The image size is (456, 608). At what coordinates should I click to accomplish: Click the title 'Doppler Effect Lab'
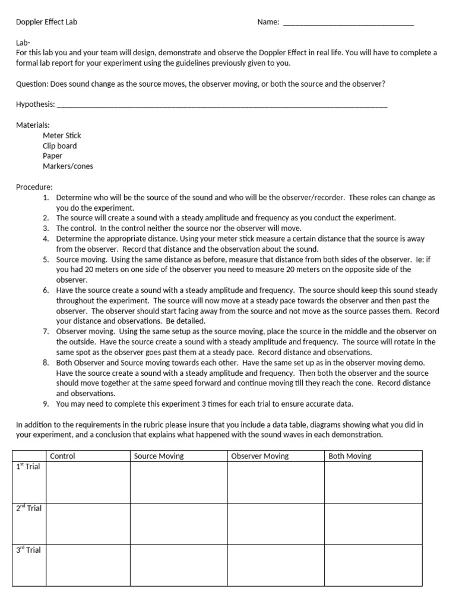pyautogui.click(x=46, y=22)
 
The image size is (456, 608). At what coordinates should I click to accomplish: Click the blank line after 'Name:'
pyautogui.click(x=348, y=23)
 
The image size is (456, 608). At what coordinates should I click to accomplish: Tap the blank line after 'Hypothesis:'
pyautogui.click(x=222, y=105)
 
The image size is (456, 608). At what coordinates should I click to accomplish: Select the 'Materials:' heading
pyautogui.click(x=33, y=125)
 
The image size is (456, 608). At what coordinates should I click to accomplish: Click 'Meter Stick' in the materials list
pyautogui.click(x=62, y=135)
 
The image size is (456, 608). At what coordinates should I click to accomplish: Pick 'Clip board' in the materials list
pyautogui.click(x=59, y=145)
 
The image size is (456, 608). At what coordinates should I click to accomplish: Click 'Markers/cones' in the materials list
pyautogui.click(x=68, y=166)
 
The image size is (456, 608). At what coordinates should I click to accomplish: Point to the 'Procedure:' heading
pyautogui.click(x=34, y=186)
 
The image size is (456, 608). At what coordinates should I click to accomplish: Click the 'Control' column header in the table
pyautogui.click(x=62, y=456)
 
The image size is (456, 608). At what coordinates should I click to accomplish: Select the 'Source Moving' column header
pyautogui.click(x=159, y=456)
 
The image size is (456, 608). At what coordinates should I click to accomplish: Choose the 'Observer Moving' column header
pyautogui.click(x=259, y=456)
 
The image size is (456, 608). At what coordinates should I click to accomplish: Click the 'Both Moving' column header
pyautogui.click(x=350, y=456)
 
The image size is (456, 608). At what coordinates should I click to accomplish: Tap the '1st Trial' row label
pyautogui.click(x=28, y=467)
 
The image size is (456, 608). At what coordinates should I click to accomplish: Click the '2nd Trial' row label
pyautogui.click(x=28, y=508)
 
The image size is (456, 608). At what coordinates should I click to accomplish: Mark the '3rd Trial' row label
pyautogui.click(x=28, y=550)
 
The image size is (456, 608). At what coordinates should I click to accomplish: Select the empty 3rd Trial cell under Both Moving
pyautogui.click(x=373, y=565)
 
